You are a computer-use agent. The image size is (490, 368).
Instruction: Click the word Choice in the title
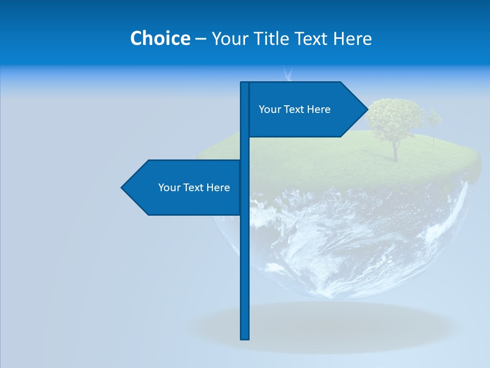(160, 38)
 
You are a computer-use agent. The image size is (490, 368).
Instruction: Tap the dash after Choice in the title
(201, 39)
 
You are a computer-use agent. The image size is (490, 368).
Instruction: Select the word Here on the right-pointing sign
(319, 109)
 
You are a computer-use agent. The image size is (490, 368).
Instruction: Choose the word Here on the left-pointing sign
(218, 188)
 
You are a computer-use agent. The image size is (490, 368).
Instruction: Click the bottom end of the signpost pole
(245, 337)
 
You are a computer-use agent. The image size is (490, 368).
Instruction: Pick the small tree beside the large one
(434, 122)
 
